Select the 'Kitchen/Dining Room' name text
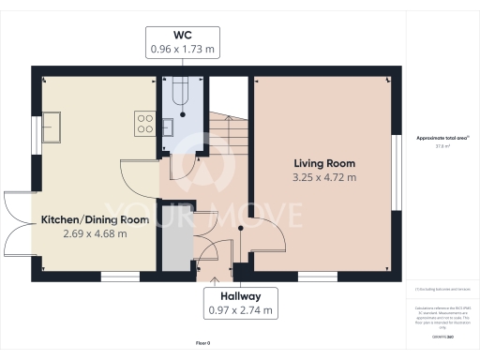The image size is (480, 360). click(95, 219)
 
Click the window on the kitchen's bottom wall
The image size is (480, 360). click(119, 276)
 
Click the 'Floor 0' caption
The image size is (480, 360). click(202, 344)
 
